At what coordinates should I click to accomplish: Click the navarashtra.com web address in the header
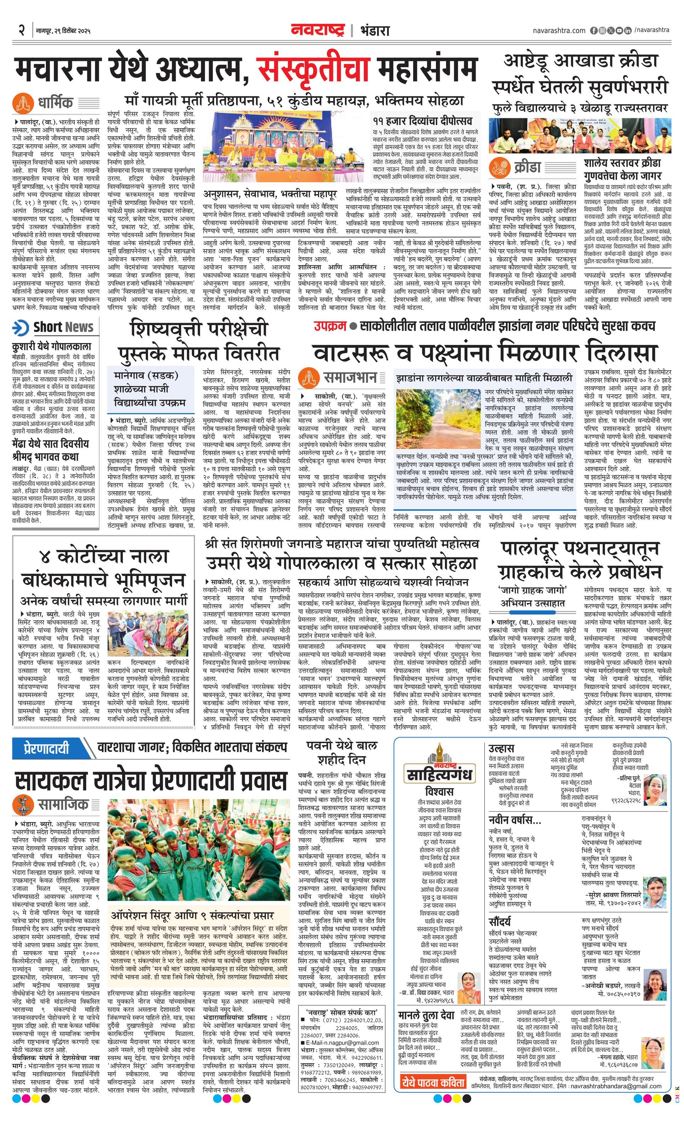coord(559,30)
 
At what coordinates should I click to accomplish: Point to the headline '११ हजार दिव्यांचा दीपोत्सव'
coord(422,121)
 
